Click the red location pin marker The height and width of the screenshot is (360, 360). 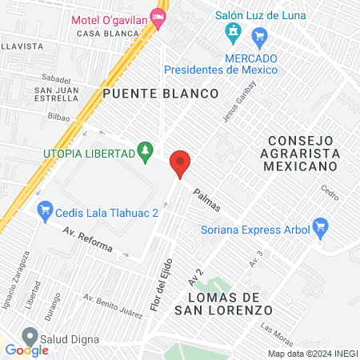click(180, 163)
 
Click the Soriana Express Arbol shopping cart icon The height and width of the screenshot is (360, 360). click(321, 230)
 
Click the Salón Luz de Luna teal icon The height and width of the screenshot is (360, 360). click(234, 34)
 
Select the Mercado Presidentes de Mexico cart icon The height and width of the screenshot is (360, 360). click(258, 38)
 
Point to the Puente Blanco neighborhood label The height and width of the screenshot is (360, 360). click(160, 94)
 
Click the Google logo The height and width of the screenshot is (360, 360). click(26, 350)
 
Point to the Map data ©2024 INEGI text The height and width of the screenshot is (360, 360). click(311, 354)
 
